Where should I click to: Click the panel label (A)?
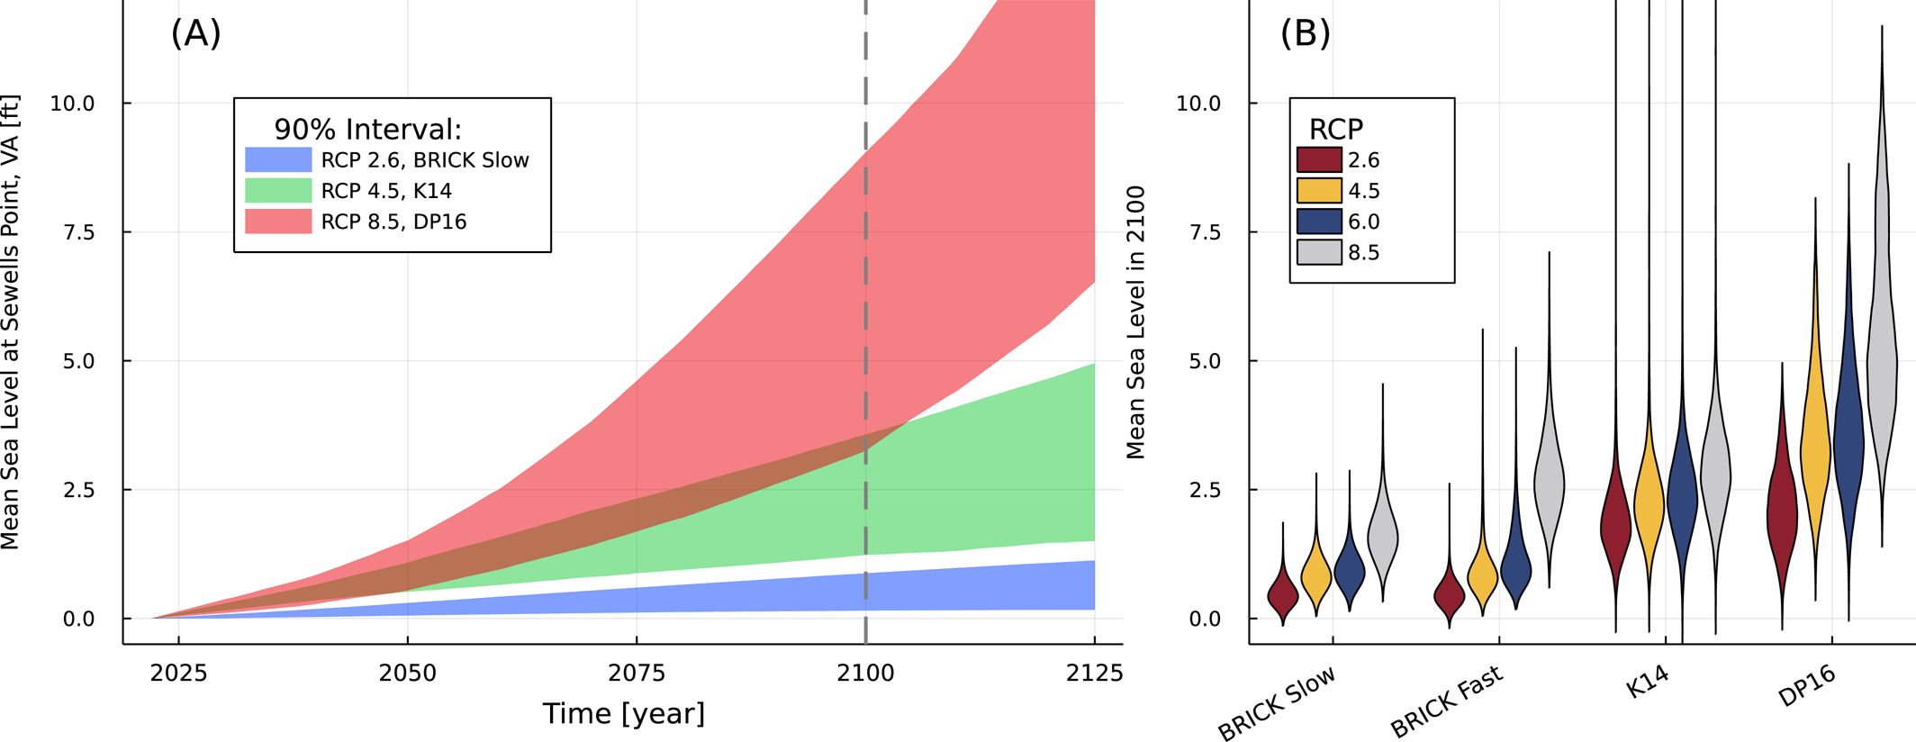pyautogui.click(x=195, y=33)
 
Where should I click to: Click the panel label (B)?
pyautogui.click(x=1305, y=33)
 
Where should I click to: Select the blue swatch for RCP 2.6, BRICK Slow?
pyautogui.click(x=278, y=160)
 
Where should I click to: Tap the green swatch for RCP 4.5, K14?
pyautogui.click(x=278, y=191)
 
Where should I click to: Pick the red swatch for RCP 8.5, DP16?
pyautogui.click(x=278, y=222)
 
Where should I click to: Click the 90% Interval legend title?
pyautogui.click(x=367, y=130)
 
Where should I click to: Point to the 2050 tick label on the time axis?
pyautogui.click(x=407, y=674)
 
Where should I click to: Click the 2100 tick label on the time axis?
pyautogui.click(x=865, y=674)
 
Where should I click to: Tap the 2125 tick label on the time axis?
pyautogui.click(x=1094, y=674)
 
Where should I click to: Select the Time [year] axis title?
pyautogui.click(x=623, y=714)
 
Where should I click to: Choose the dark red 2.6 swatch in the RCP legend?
pyautogui.click(x=1319, y=160)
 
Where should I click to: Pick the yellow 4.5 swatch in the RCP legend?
pyautogui.click(x=1319, y=191)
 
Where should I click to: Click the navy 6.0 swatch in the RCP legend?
pyautogui.click(x=1319, y=222)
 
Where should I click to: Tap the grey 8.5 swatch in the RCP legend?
pyautogui.click(x=1319, y=252)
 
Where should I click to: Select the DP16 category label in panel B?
pyautogui.click(x=1806, y=686)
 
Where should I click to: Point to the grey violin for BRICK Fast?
pyautogui.click(x=1550, y=486)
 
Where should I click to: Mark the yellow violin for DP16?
pyautogui.click(x=1815, y=441)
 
